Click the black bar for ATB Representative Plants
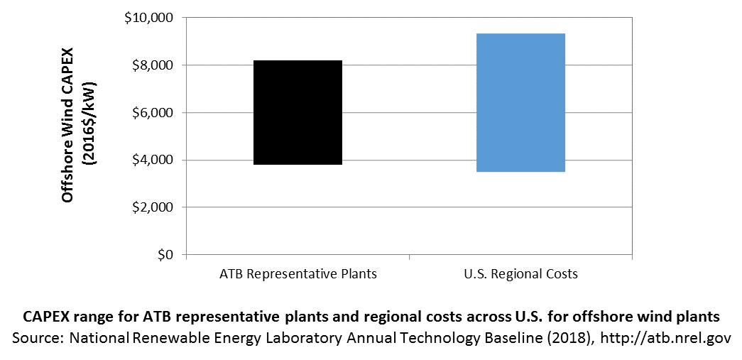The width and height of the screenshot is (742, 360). click(x=298, y=113)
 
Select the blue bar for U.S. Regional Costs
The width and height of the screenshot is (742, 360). click(x=520, y=103)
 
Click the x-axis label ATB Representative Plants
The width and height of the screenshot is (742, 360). click(x=298, y=274)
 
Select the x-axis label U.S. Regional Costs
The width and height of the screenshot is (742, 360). click(x=520, y=274)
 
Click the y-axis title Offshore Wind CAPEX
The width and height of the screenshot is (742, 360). click(x=67, y=125)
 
